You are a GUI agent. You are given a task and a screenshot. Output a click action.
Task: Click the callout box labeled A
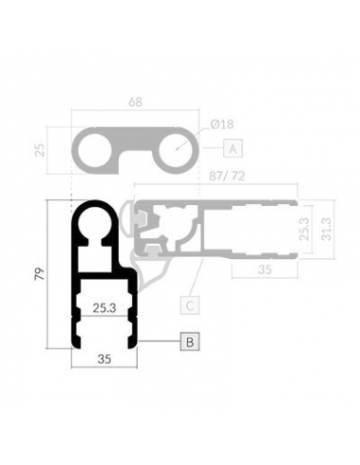232,148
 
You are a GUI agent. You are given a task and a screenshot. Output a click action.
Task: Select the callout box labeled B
190,341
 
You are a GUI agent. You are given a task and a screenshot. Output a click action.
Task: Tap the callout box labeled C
190,305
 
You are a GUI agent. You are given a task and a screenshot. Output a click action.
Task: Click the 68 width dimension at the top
135,102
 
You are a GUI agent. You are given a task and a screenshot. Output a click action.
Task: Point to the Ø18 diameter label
222,125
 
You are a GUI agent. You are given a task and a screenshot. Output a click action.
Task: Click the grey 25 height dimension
40,150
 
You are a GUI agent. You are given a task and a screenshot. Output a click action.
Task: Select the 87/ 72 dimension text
227,176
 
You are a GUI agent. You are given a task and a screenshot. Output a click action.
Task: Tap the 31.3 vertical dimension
327,229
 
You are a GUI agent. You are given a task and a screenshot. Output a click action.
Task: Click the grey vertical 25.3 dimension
304,229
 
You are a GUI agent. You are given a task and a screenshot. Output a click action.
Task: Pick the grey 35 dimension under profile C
265,269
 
